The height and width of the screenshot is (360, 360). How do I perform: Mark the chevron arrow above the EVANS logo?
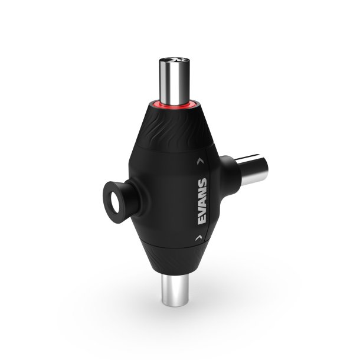pyautogui.click(x=201, y=160)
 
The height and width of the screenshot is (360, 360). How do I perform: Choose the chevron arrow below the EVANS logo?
pyautogui.click(x=197, y=237)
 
